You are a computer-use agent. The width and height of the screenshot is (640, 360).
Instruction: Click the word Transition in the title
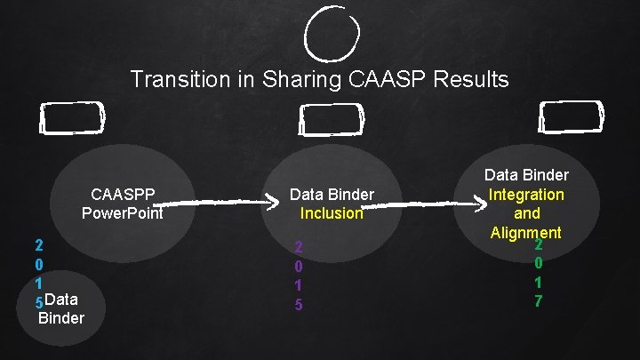tap(180, 79)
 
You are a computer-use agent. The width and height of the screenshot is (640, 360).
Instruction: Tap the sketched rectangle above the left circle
tap(72, 116)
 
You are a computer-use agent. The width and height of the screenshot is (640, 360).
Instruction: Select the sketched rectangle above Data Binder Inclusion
tap(331, 118)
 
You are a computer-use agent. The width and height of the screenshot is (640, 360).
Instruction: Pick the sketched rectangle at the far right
tap(572, 116)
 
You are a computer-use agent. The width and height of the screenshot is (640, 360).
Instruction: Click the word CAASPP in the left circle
tap(123, 194)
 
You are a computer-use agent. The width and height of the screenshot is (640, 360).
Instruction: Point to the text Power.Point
tap(123, 213)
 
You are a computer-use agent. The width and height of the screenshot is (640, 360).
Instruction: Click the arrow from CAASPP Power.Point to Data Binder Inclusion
tap(228, 203)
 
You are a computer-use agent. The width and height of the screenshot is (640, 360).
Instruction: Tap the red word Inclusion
tap(332, 213)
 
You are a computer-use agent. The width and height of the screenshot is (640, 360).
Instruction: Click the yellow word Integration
tap(526, 194)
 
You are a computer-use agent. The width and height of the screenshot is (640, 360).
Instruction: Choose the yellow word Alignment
tap(525, 233)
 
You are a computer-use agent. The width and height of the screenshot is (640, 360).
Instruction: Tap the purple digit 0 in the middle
tap(299, 266)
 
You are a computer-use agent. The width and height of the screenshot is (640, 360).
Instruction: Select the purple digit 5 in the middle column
tap(299, 305)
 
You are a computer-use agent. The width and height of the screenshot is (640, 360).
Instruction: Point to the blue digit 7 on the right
tap(539, 301)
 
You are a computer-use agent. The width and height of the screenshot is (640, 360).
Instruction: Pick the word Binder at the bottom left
tap(62, 317)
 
